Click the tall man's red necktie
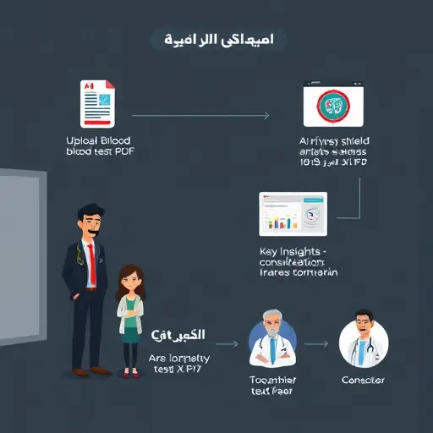click(93, 269)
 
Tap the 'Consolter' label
click(364, 381)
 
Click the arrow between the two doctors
click(315, 344)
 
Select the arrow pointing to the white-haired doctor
click(227, 345)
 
